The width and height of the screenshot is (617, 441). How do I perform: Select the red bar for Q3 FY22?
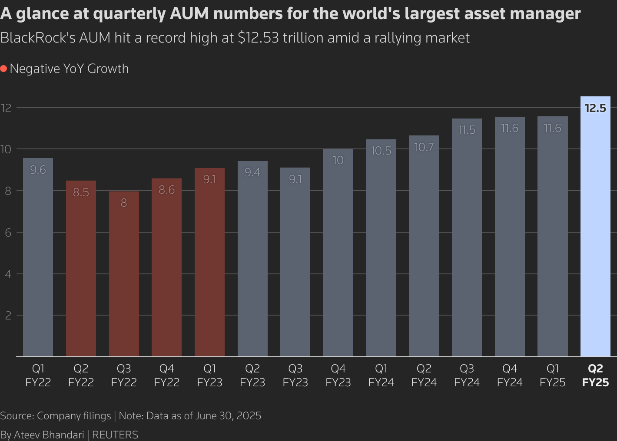[x=124, y=278]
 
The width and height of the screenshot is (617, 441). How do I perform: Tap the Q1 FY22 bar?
[x=38, y=260]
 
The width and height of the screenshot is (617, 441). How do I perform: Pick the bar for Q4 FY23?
[x=338, y=256]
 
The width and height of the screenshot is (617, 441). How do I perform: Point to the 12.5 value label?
[x=595, y=108]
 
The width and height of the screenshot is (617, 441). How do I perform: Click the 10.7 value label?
[x=424, y=148]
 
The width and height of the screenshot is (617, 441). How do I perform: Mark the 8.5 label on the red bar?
[x=81, y=192]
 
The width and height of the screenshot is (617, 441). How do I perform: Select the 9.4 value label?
[x=252, y=173]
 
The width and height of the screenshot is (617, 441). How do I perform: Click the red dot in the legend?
[x=3, y=69]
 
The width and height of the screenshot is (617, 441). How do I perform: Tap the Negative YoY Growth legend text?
[x=69, y=69]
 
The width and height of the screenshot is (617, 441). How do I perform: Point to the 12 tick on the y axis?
[x=6, y=108]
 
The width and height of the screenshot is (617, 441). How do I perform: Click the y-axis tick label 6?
[x=8, y=232]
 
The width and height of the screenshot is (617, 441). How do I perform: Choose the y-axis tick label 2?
[x=8, y=316]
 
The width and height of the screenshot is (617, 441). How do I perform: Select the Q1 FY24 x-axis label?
[x=381, y=375]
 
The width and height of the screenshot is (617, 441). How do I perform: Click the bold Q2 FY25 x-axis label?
[x=595, y=375]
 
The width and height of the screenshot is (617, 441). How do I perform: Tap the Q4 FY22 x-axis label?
[x=167, y=375]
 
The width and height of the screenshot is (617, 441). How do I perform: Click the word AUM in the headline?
[x=189, y=14]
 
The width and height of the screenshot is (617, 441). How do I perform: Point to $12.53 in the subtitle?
[x=258, y=38]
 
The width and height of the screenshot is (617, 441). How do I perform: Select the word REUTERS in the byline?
[x=115, y=434]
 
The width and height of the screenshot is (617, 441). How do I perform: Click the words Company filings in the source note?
[x=74, y=416]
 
